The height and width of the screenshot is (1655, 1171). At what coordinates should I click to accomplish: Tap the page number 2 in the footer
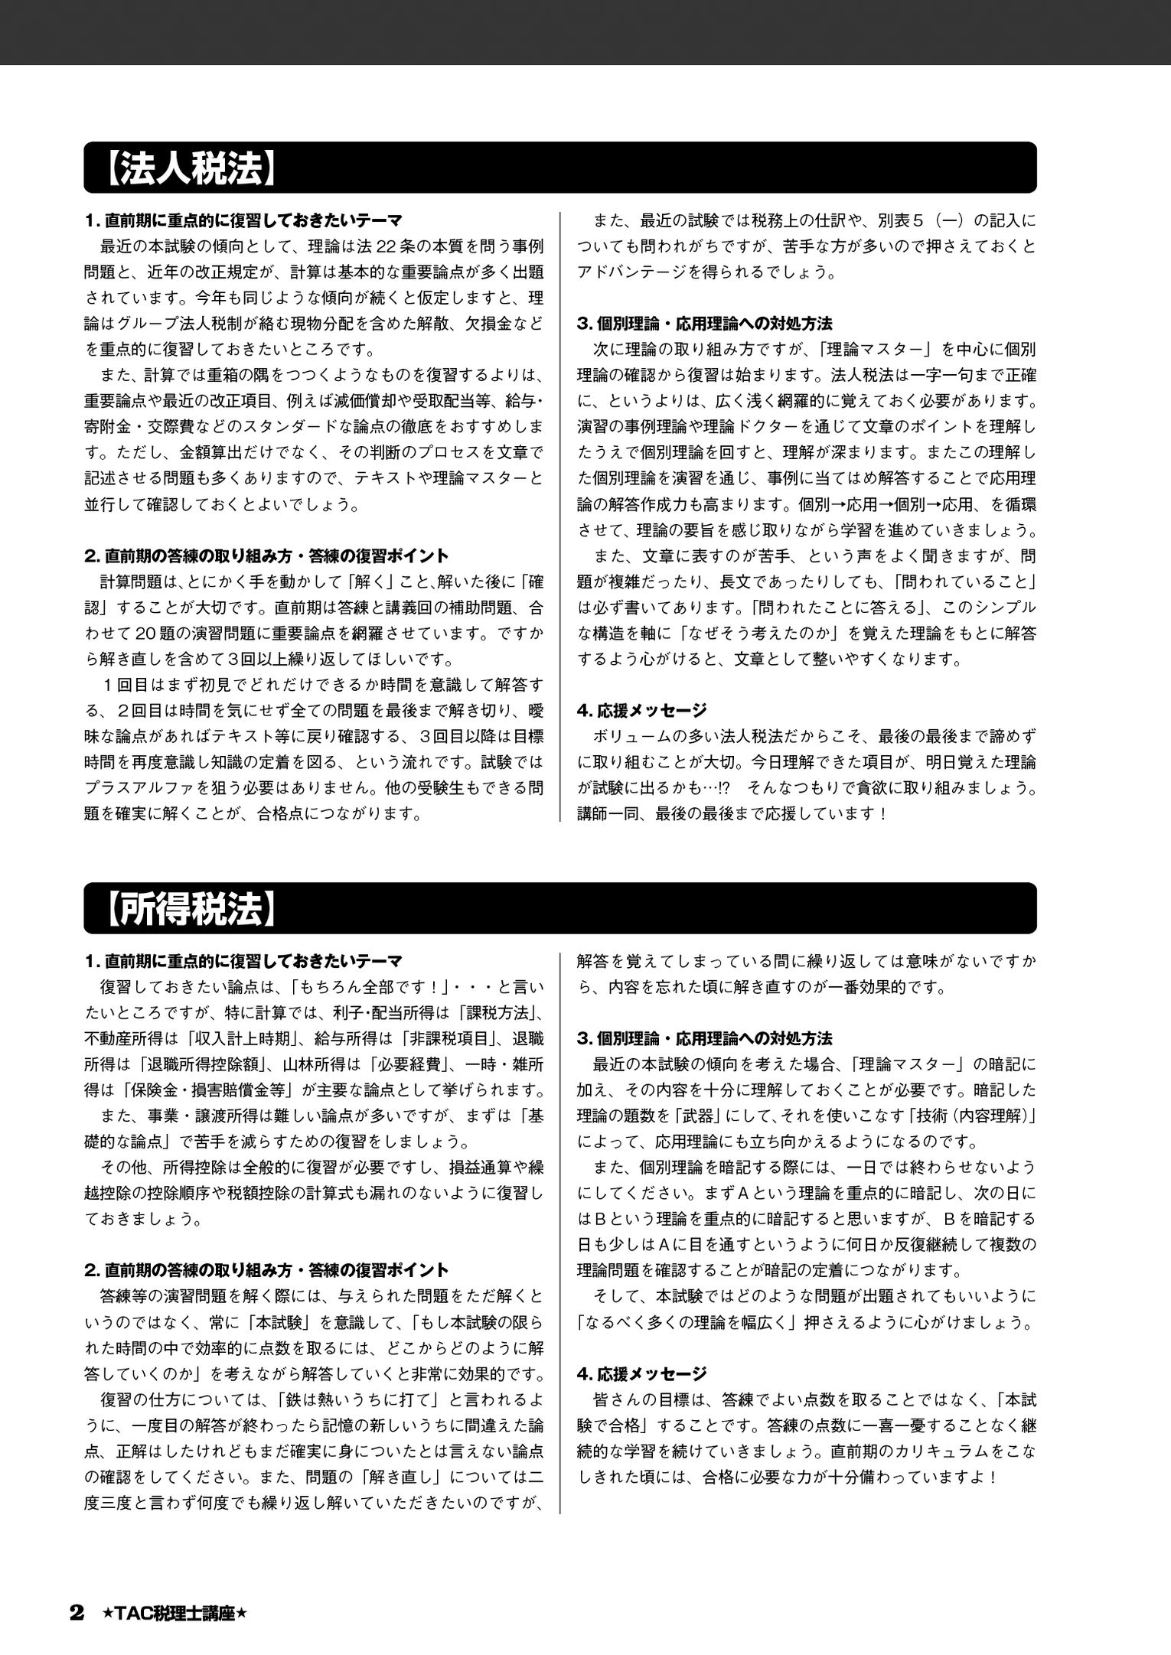[x=76, y=1614]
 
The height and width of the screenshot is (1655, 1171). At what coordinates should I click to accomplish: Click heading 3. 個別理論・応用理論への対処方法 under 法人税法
[x=704, y=324]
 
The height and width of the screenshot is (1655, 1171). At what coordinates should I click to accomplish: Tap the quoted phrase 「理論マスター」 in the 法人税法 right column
[x=873, y=350]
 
